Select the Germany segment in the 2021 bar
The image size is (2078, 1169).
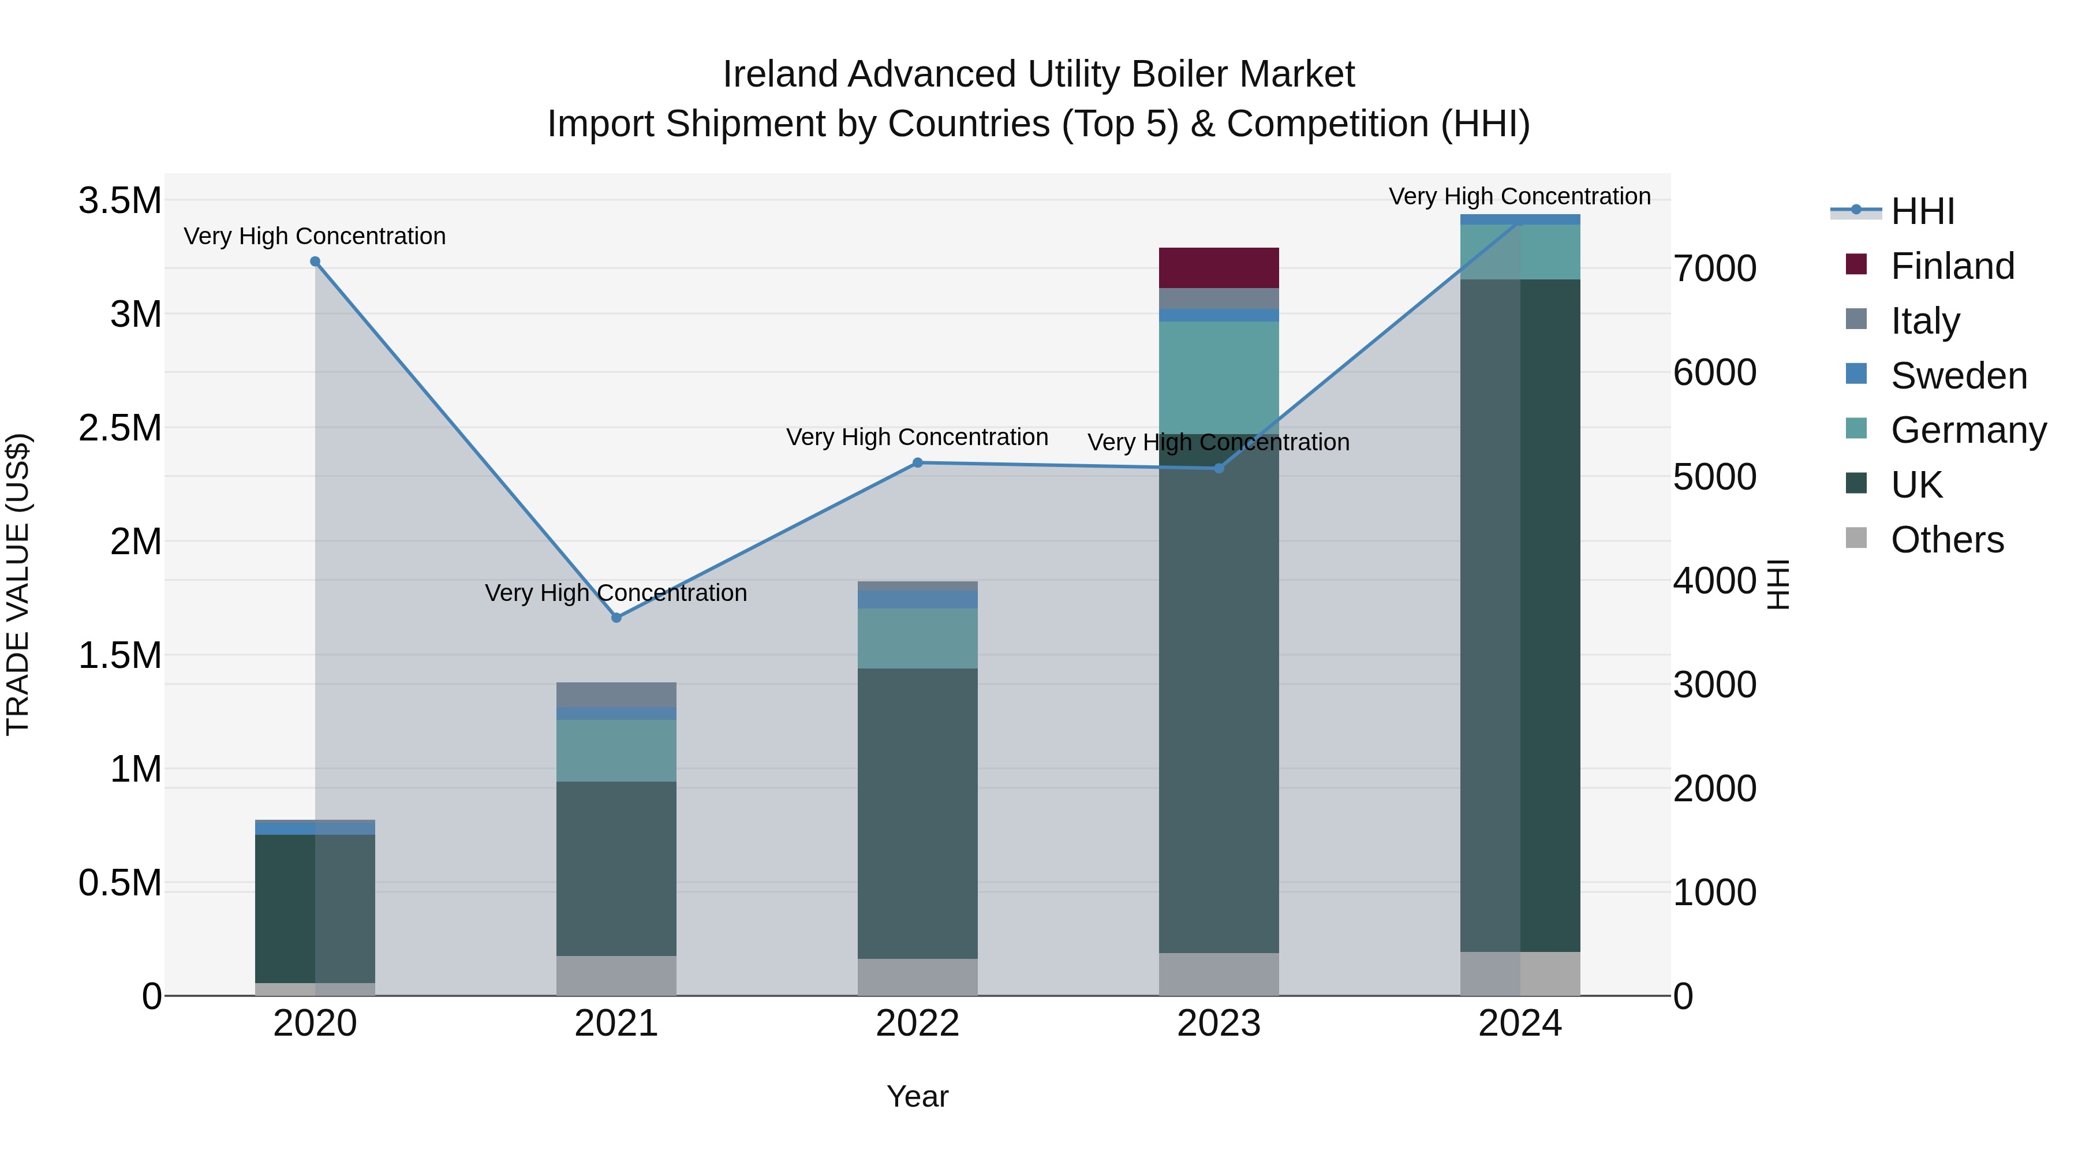click(616, 750)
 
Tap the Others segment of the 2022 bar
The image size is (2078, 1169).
click(917, 976)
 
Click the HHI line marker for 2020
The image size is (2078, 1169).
click(315, 262)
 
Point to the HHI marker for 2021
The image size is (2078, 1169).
click(616, 618)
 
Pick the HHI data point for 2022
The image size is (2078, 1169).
click(917, 463)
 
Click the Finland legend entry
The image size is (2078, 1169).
click(1952, 266)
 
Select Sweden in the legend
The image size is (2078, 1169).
click(1958, 376)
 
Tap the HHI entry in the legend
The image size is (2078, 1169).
click(1922, 211)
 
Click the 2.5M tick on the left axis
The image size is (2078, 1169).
click(120, 428)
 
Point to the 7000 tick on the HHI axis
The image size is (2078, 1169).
click(1714, 268)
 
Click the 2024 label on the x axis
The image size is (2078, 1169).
click(1519, 1024)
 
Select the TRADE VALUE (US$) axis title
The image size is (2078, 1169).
click(18, 584)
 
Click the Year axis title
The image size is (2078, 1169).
click(917, 1096)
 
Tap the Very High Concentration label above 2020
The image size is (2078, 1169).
click(315, 236)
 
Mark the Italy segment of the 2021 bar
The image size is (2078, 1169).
click(616, 694)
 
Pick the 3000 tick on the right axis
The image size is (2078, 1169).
click(1714, 685)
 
